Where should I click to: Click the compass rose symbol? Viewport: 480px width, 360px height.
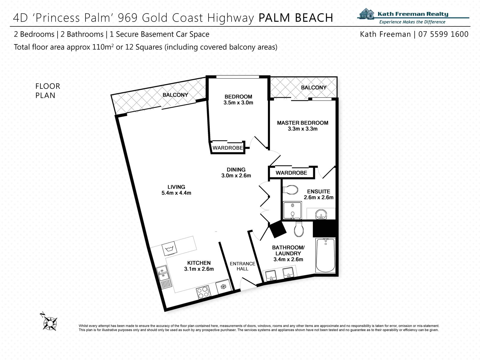pos(50,322)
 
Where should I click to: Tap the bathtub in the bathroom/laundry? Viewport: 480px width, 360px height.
pos(325,255)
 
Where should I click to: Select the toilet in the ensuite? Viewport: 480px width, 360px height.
pos(290,190)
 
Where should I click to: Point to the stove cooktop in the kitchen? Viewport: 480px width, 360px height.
pos(203,292)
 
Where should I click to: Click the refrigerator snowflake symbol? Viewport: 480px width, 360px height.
pos(223,287)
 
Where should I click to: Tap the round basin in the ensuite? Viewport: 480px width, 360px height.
pos(321,214)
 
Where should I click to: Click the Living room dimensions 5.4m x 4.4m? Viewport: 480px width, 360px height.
pos(176,193)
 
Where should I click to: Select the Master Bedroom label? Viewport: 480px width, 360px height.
pos(303,123)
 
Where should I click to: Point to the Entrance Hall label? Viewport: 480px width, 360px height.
pos(242,266)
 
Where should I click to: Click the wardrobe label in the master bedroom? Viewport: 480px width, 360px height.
pos(291,173)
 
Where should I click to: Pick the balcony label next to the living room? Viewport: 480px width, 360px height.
pos(175,95)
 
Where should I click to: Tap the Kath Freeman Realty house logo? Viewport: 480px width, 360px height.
pos(367,13)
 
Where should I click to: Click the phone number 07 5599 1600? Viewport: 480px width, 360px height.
pos(443,34)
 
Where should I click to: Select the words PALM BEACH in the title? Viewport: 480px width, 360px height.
pos(296,18)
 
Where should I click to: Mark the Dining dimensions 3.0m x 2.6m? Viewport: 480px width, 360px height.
pos(236,175)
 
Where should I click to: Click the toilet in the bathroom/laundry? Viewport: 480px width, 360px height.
pos(299,229)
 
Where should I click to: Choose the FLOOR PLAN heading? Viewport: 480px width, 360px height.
pos(48,91)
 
